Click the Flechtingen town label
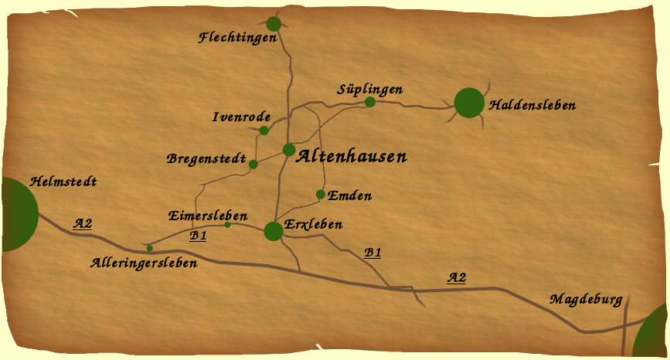(237, 37)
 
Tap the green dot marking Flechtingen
(274, 24)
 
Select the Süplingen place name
(369, 89)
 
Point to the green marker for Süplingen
(370, 102)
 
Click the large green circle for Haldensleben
(469, 103)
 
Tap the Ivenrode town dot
(264, 130)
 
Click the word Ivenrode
(240, 117)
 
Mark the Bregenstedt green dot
(253, 164)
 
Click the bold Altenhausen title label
(352, 157)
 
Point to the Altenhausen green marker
(289, 149)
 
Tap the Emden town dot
(321, 194)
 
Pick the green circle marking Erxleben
(273, 231)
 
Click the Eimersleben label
(208, 216)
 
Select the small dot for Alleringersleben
(149, 248)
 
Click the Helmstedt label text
(63, 182)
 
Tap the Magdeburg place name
(586, 299)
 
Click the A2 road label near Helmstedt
(83, 224)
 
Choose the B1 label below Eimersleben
(198, 236)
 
